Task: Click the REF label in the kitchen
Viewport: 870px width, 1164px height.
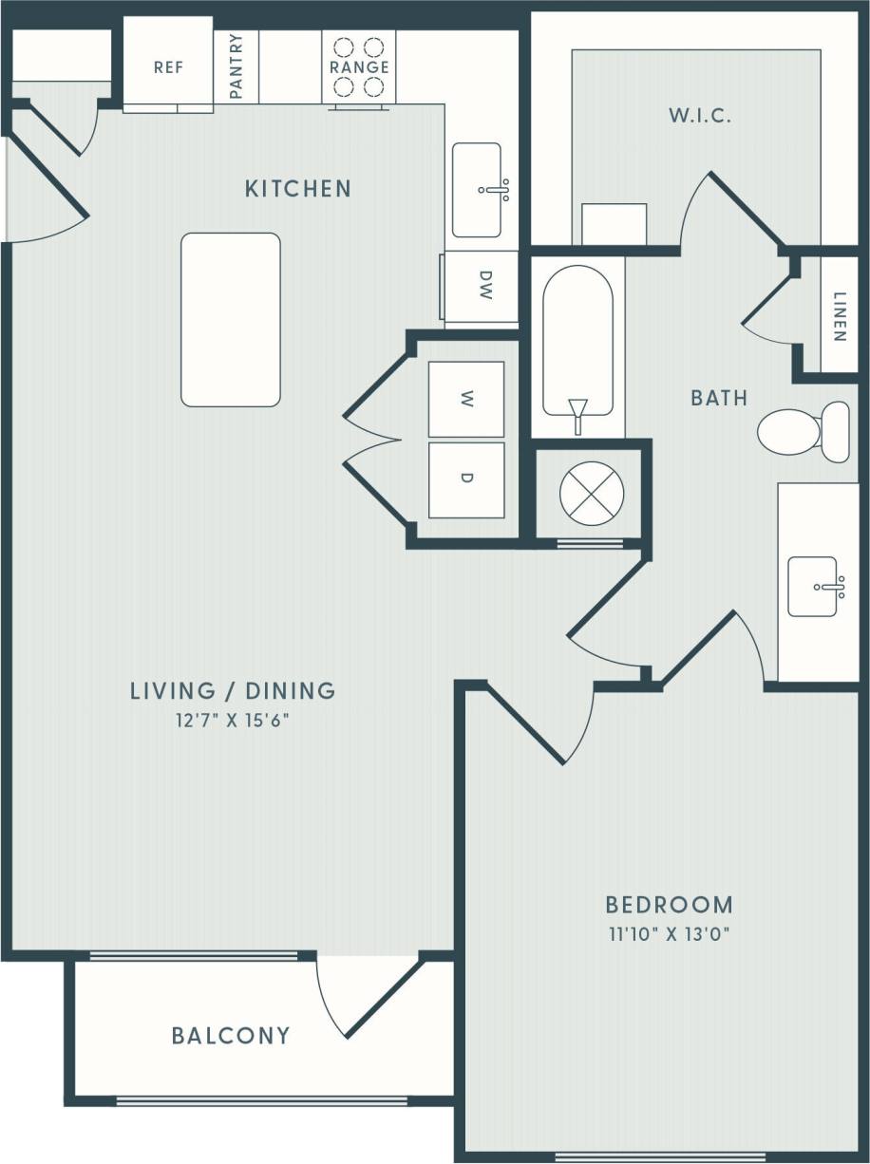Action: tap(168, 68)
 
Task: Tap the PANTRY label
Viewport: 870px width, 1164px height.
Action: tap(236, 66)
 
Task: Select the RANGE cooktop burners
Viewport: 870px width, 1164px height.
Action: tap(359, 66)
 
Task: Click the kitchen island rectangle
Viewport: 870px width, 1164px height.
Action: tap(231, 320)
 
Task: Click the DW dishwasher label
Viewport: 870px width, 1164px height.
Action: tap(484, 285)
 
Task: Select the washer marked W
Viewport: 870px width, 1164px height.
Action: tap(465, 400)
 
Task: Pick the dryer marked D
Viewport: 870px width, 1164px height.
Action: tap(465, 479)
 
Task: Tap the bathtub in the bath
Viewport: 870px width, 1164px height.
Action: tap(577, 347)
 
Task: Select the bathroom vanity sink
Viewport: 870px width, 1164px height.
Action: tap(814, 586)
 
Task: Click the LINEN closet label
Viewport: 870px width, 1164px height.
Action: tap(839, 315)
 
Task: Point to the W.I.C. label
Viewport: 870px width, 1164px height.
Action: tap(700, 117)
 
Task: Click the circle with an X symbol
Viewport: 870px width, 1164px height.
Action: tap(592, 493)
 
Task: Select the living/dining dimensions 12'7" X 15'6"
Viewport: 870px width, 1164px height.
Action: tap(233, 720)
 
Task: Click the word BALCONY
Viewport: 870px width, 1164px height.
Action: tap(231, 1035)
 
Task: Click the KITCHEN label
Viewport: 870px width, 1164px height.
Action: tap(298, 188)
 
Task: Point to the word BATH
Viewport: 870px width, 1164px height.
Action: tap(719, 398)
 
